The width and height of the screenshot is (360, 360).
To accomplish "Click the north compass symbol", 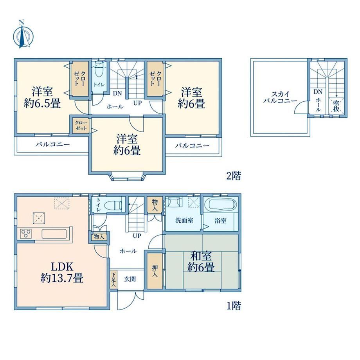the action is [x=23, y=34].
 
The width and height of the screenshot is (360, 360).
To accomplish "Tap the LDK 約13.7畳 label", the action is [x=62, y=272].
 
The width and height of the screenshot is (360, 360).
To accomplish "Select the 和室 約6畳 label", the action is [x=201, y=261].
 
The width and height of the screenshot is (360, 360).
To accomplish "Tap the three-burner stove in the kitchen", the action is [x=26, y=234].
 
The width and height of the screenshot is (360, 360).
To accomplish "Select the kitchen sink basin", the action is [x=54, y=234].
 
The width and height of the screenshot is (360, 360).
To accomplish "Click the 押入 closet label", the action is [x=155, y=271].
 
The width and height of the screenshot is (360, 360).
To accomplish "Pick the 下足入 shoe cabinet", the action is [x=113, y=280].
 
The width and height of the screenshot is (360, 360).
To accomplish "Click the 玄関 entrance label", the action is [x=130, y=279].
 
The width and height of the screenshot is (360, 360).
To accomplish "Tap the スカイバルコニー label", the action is [x=280, y=97].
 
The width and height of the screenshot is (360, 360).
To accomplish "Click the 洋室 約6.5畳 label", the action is [x=43, y=97].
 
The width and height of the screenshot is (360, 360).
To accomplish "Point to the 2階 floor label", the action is [x=234, y=176].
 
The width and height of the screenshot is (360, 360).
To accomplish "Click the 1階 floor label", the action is [x=234, y=306].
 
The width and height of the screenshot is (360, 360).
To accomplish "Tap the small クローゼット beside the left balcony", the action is [x=81, y=126].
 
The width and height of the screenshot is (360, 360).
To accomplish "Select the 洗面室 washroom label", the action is [x=184, y=221].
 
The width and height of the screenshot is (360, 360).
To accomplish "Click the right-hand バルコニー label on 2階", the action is [x=192, y=146].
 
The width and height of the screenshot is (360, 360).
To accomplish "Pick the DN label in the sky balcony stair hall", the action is [x=318, y=92].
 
